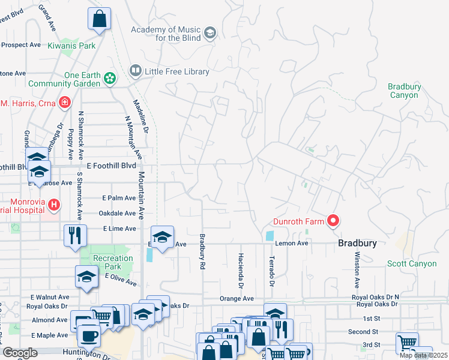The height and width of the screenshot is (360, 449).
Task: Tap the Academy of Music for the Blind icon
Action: tap(209, 34)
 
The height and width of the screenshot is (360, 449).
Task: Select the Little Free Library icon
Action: tap(136, 71)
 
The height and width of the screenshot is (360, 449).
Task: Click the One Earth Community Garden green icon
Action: tap(109, 79)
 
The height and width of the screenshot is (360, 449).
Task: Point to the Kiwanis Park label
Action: tap(74, 46)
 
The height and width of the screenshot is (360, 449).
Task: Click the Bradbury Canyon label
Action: tap(403, 91)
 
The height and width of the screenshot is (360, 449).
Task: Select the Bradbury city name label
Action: tap(357, 244)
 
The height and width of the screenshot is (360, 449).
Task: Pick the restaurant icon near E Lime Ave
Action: tap(75, 234)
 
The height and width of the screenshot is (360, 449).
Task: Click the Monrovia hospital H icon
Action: tap(54, 205)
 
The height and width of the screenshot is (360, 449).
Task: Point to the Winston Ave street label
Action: tap(357, 269)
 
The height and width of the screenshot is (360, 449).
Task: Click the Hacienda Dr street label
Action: tap(241, 268)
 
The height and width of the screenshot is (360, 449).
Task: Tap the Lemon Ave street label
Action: tap(292, 244)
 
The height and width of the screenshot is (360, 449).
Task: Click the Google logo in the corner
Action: tap(20, 353)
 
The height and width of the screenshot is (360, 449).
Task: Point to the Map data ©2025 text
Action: tap(423, 355)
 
